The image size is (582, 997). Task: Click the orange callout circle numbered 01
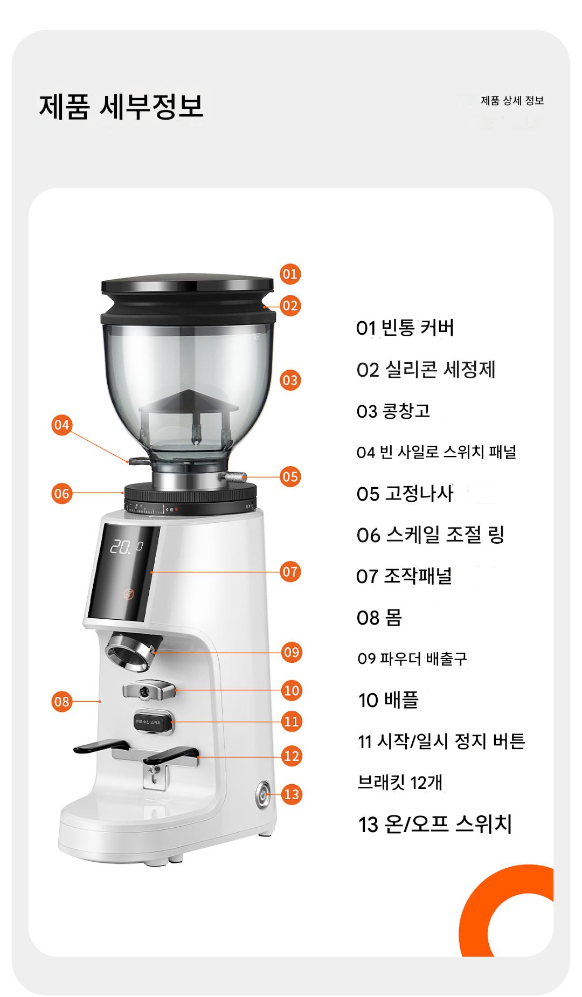click(290, 274)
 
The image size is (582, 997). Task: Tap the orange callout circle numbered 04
click(62, 425)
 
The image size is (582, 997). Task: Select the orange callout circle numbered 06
click(62, 493)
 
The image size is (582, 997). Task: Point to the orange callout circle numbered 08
click(62, 701)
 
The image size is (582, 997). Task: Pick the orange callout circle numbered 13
click(291, 794)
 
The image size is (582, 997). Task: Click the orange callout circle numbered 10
click(291, 690)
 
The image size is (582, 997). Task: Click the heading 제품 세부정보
click(121, 105)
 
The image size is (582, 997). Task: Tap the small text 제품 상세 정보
click(512, 101)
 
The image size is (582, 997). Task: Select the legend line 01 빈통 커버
click(405, 328)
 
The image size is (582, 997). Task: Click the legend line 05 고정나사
click(405, 494)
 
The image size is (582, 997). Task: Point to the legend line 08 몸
click(379, 618)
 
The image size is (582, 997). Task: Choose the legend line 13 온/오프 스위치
click(435, 825)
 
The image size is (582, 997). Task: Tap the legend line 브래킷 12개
click(400, 783)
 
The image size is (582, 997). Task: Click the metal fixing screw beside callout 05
click(233, 476)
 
